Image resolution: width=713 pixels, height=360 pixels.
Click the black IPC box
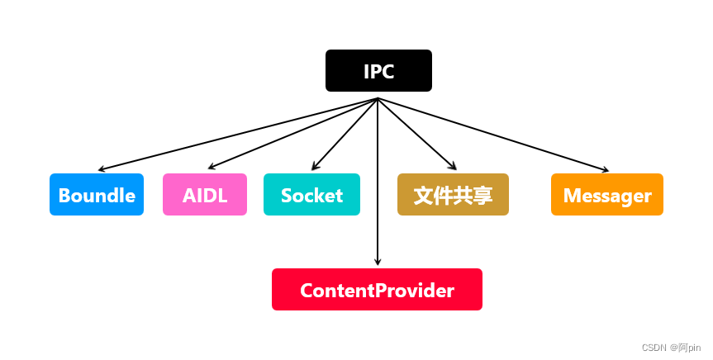pos(378,71)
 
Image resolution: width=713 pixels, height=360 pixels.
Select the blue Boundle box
pos(97,195)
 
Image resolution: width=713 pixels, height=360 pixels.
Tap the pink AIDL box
pos(205,195)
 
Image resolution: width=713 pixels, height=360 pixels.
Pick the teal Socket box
pos(311,195)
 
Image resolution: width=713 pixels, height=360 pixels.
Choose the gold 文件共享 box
pos(453,195)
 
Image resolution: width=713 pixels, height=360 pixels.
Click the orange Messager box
pos(607,195)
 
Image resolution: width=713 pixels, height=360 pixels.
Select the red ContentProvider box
pos(377,290)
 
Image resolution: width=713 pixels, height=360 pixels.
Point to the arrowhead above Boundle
pos(102,168)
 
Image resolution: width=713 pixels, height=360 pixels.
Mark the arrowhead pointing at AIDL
pos(211,168)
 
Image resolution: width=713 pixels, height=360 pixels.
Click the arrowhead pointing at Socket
pos(315,168)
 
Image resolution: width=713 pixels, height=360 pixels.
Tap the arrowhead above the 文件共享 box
pos(453,168)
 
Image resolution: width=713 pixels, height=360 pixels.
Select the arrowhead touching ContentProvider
pos(378,262)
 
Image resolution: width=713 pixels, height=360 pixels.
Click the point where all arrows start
pos(378,98)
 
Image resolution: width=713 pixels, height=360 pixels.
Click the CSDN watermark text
pos(654,348)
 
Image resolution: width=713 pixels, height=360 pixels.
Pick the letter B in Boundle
pos(64,196)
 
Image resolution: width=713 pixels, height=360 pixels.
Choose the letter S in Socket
pos(287,196)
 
